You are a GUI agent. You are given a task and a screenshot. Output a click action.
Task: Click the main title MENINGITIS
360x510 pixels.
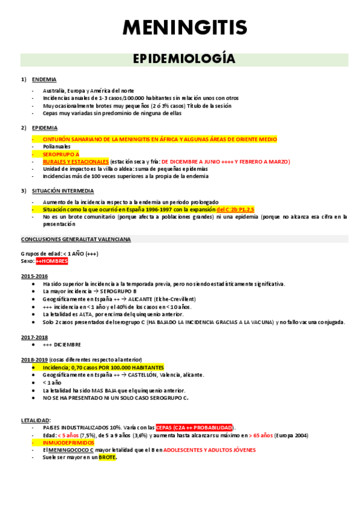pyautogui.click(x=185, y=27)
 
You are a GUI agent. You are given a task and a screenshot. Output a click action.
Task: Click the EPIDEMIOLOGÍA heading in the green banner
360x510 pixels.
pyautogui.click(x=184, y=59)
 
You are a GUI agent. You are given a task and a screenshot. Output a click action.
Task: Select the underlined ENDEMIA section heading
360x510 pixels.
pyautogui.click(x=44, y=79)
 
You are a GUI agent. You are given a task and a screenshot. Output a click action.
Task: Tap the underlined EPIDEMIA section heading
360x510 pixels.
pyautogui.click(x=45, y=127)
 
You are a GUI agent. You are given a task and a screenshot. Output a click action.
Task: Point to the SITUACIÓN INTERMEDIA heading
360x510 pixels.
pyautogui.click(x=61, y=191)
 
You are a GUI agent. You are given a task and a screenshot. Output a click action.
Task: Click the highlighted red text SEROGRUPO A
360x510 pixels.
pyautogui.click(x=61, y=154)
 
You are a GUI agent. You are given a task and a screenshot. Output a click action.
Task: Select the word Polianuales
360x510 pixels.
pyautogui.click(x=56, y=146)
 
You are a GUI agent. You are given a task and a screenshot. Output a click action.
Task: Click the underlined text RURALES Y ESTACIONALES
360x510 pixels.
pyautogui.click(x=76, y=162)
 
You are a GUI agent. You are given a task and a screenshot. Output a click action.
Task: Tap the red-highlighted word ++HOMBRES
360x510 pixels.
pyautogui.click(x=52, y=262)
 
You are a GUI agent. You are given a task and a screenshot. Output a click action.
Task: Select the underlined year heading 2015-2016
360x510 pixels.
pyautogui.click(x=34, y=276)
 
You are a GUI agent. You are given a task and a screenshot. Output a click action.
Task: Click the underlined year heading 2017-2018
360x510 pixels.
pyautogui.click(x=34, y=337)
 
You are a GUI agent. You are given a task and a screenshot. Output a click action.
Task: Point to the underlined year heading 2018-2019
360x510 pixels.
pyautogui.click(x=34, y=359)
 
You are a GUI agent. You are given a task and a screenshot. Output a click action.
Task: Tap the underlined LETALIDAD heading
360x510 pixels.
pyautogui.click(x=36, y=420)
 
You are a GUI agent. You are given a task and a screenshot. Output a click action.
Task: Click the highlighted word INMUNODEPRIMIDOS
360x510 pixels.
pyautogui.click(x=69, y=442)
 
